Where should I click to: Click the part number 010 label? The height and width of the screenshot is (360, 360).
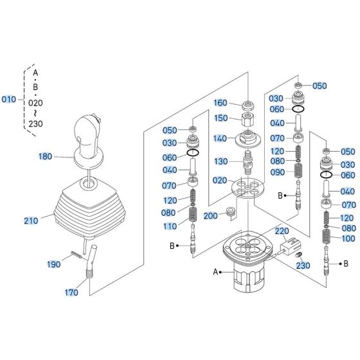tap(9, 100)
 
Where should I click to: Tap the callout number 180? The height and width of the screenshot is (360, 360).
tap(45, 156)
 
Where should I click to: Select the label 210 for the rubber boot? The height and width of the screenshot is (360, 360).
tap(31, 221)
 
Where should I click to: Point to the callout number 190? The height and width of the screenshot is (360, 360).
tap(54, 264)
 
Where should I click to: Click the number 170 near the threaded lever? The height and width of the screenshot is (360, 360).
tap(71, 292)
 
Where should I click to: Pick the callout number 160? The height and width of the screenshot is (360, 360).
tap(220, 103)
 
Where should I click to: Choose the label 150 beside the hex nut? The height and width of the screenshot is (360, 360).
tap(221, 118)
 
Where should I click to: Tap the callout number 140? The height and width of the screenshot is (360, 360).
tap(220, 138)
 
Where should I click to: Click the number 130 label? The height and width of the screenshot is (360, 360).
tap(221, 161)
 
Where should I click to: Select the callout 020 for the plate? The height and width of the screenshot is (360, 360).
tap(220, 180)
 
